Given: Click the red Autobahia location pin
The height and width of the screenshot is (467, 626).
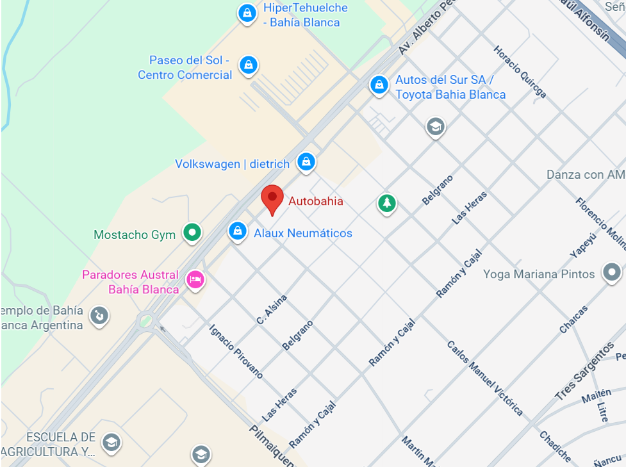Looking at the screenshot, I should pos(272,199).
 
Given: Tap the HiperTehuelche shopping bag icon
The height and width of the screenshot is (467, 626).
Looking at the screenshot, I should pos(247,13).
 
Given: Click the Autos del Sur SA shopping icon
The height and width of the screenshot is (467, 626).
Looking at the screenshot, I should pos(379,85).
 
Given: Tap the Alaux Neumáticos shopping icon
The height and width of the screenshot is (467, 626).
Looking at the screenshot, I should pos(238,231).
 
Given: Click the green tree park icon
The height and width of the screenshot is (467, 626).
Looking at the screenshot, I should pos(386,204).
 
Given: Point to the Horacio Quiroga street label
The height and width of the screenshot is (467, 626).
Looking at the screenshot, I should pos(520,72).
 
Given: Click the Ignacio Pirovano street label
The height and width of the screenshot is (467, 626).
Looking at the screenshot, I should pos(236,351).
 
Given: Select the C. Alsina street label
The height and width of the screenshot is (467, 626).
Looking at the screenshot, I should pos(272,309).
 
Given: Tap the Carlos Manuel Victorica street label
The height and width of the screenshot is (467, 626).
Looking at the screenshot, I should pos(484,378).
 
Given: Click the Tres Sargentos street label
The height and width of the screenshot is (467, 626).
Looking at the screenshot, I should pos(584,372).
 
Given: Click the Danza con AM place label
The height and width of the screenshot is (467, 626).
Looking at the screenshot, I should pos(586,175).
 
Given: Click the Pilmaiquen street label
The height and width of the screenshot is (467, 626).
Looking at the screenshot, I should pos(272,446).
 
